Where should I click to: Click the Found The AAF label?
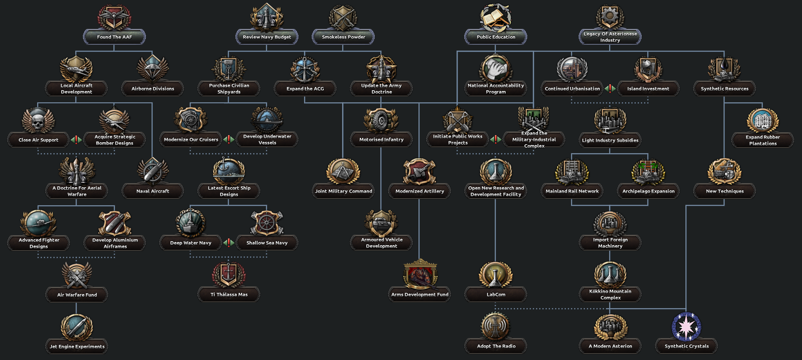point(114,37)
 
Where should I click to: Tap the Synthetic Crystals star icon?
point(686,327)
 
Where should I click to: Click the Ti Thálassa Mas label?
point(229,294)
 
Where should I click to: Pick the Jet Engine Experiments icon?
point(77,327)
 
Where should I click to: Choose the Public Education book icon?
point(495,17)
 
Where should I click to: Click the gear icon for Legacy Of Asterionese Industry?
point(610,17)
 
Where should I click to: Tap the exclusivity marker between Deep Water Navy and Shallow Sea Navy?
point(228,242)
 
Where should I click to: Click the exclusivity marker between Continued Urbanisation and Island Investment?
point(610,89)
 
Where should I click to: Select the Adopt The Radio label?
point(496,346)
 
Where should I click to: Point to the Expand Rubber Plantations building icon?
point(763,120)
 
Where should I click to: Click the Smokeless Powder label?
point(343,37)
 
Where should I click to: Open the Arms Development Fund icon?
point(420,275)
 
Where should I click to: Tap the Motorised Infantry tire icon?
point(381,120)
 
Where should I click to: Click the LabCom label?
point(496,294)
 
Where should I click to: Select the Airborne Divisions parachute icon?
point(153,69)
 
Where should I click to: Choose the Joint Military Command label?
point(343,191)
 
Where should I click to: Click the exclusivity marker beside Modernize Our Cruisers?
point(228,139)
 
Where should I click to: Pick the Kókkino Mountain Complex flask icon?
point(610,275)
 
